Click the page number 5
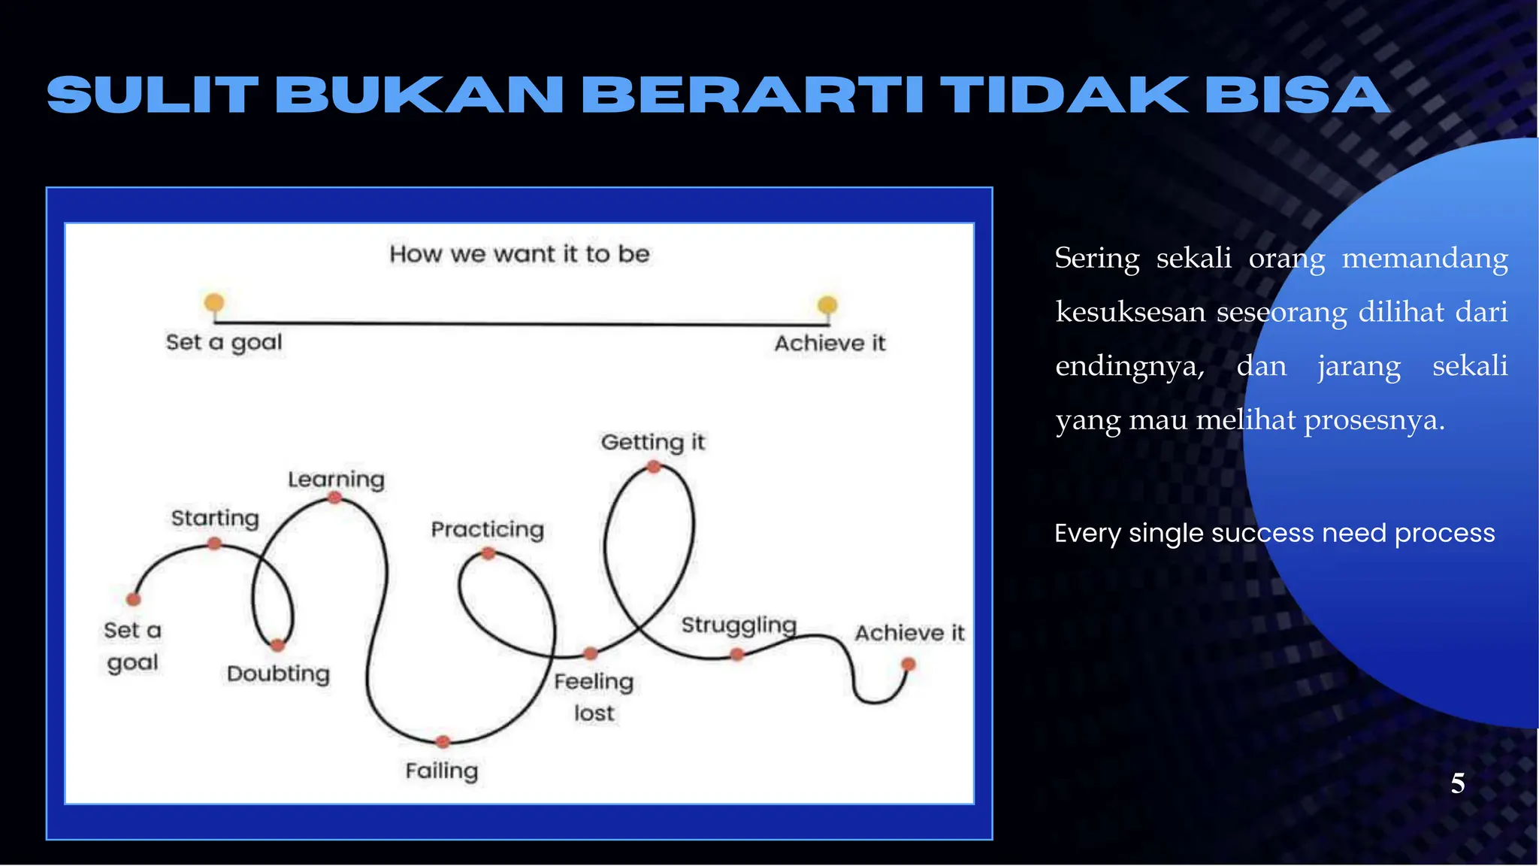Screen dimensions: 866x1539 1457,783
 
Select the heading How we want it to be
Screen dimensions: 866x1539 519,254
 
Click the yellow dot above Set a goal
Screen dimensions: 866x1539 214,303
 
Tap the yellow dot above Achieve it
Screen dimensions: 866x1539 827,304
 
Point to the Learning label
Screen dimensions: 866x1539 336,479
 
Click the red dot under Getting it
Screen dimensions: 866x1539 654,467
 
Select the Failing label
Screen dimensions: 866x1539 442,771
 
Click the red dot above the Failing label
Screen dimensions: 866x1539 443,741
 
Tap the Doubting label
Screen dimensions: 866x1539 278,674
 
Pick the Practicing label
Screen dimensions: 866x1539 487,529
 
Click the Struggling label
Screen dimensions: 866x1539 739,625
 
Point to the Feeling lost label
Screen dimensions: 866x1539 594,696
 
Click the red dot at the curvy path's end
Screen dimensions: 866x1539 909,665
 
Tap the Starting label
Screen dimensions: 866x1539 215,518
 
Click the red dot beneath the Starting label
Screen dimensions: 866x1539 214,543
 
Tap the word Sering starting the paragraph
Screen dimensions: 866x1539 1097,258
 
